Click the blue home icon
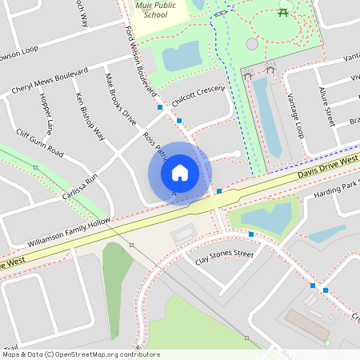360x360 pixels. (x=179, y=173)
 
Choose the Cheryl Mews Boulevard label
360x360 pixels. (x=50, y=82)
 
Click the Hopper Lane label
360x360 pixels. (x=46, y=113)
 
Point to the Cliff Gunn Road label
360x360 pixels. (x=39, y=142)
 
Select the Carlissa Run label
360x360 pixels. (x=80, y=186)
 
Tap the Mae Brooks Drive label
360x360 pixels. (x=121, y=99)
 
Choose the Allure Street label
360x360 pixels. (x=326, y=107)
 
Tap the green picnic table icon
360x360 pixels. (x=282, y=10)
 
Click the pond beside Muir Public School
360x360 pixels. (x=182, y=56)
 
